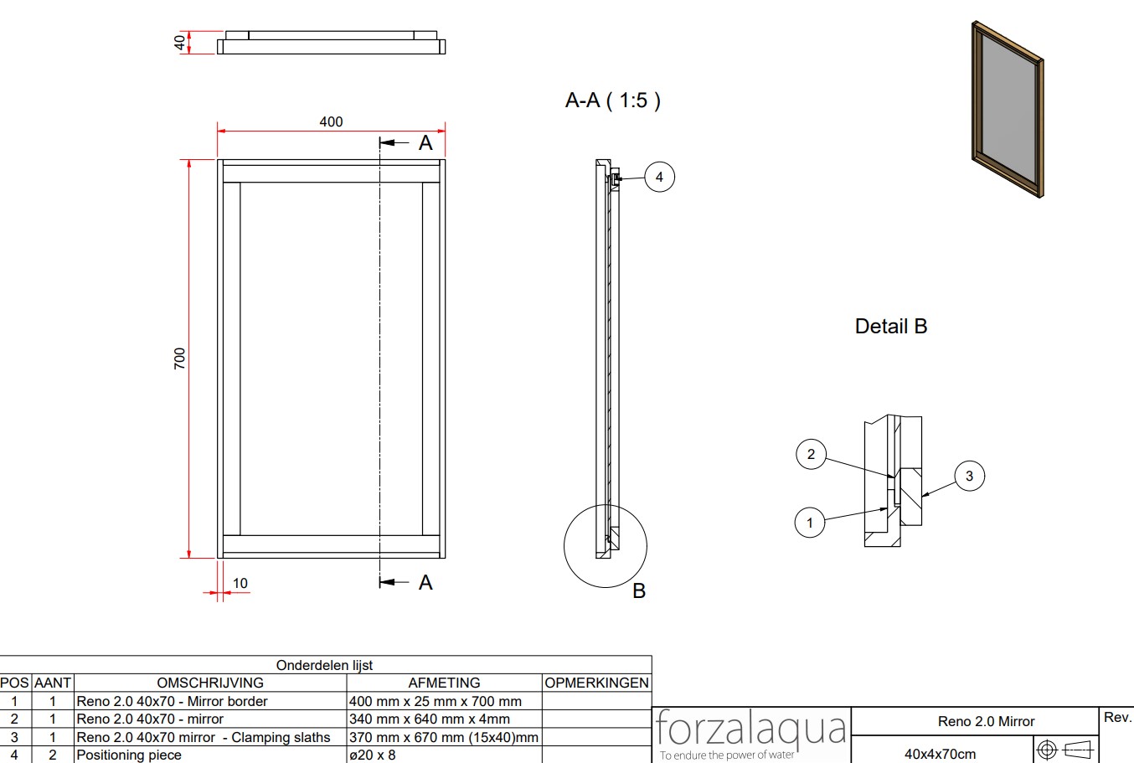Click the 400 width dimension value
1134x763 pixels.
click(331, 121)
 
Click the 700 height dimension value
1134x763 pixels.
click(180, 358)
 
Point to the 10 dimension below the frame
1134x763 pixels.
click(240, 583)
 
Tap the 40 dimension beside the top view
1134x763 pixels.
click(180, 43)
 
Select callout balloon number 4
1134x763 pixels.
click(659, 177)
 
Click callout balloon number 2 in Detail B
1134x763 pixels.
click(811, 454)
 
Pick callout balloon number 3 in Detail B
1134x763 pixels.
click(970, 476)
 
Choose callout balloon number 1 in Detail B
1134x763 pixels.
click(810, 523)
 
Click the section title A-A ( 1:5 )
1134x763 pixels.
click(612, 101)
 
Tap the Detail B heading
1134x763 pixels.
click(891, 326)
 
